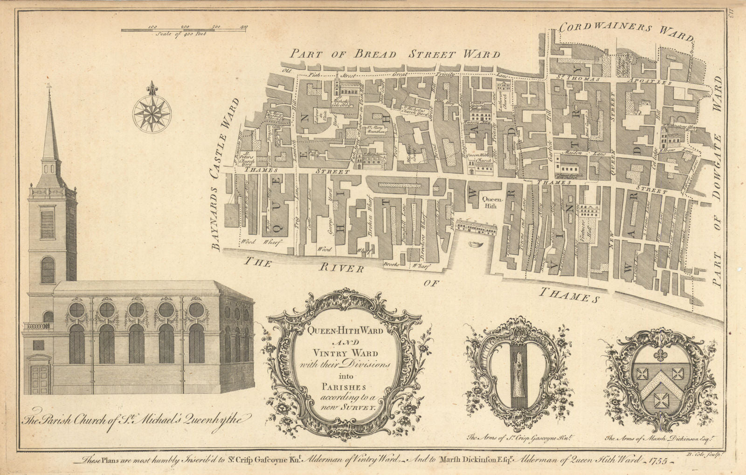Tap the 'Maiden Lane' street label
(x=579, y=155)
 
